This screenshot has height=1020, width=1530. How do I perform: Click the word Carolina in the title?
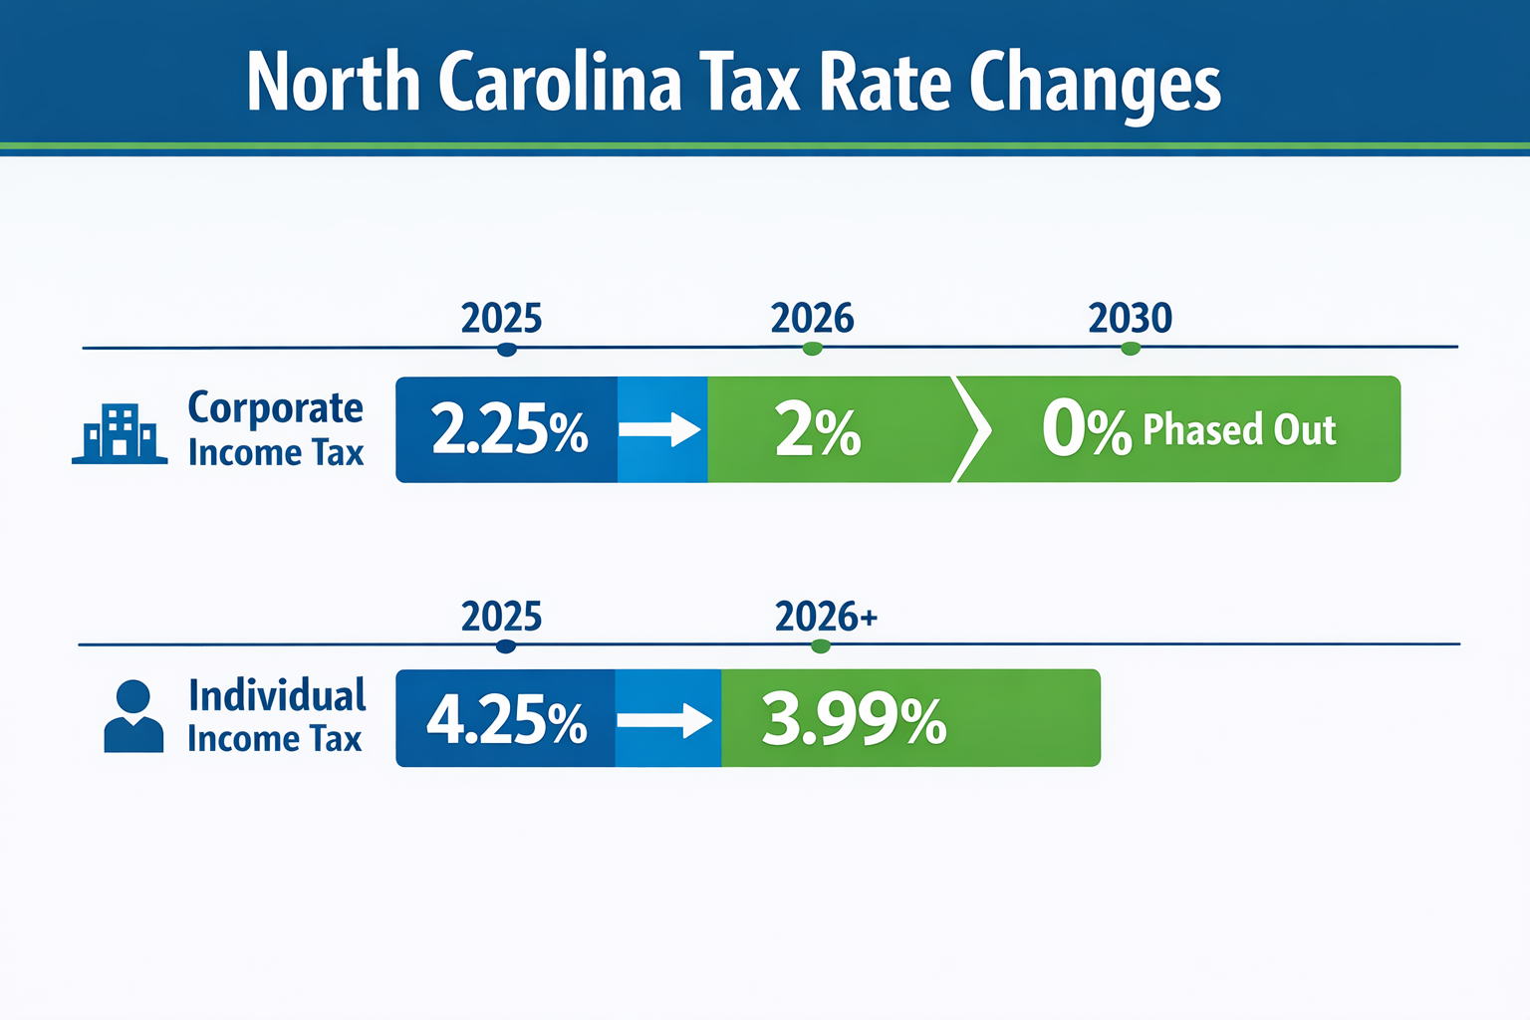tap(560, 82)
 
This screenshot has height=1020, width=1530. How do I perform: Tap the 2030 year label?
tap(1130, 319)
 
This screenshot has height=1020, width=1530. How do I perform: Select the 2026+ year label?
tap(826, 618)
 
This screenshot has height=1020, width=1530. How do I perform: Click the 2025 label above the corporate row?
tap(501, 319)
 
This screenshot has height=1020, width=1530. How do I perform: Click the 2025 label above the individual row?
tap(501, 618)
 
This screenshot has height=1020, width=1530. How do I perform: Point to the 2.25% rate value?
tap(509, 430)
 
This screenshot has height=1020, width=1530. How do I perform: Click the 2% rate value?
tap(818, 431)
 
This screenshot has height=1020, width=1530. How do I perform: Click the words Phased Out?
tap(1238, 430)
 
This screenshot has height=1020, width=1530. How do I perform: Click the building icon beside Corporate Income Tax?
tap(120, 434)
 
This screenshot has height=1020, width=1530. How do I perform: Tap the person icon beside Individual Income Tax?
tap(133, 716)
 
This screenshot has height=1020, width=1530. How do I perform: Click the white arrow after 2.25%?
tap(660, 430)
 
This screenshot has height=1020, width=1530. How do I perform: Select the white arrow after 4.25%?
tap(664, 719)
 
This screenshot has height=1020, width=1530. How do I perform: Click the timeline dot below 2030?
tap(1130, 349)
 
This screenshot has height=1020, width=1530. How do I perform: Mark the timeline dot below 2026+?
tap(820, 646)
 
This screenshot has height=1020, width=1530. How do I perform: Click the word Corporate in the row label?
tap(276, 408)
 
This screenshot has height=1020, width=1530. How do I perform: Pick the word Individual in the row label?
tap(277, 695)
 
